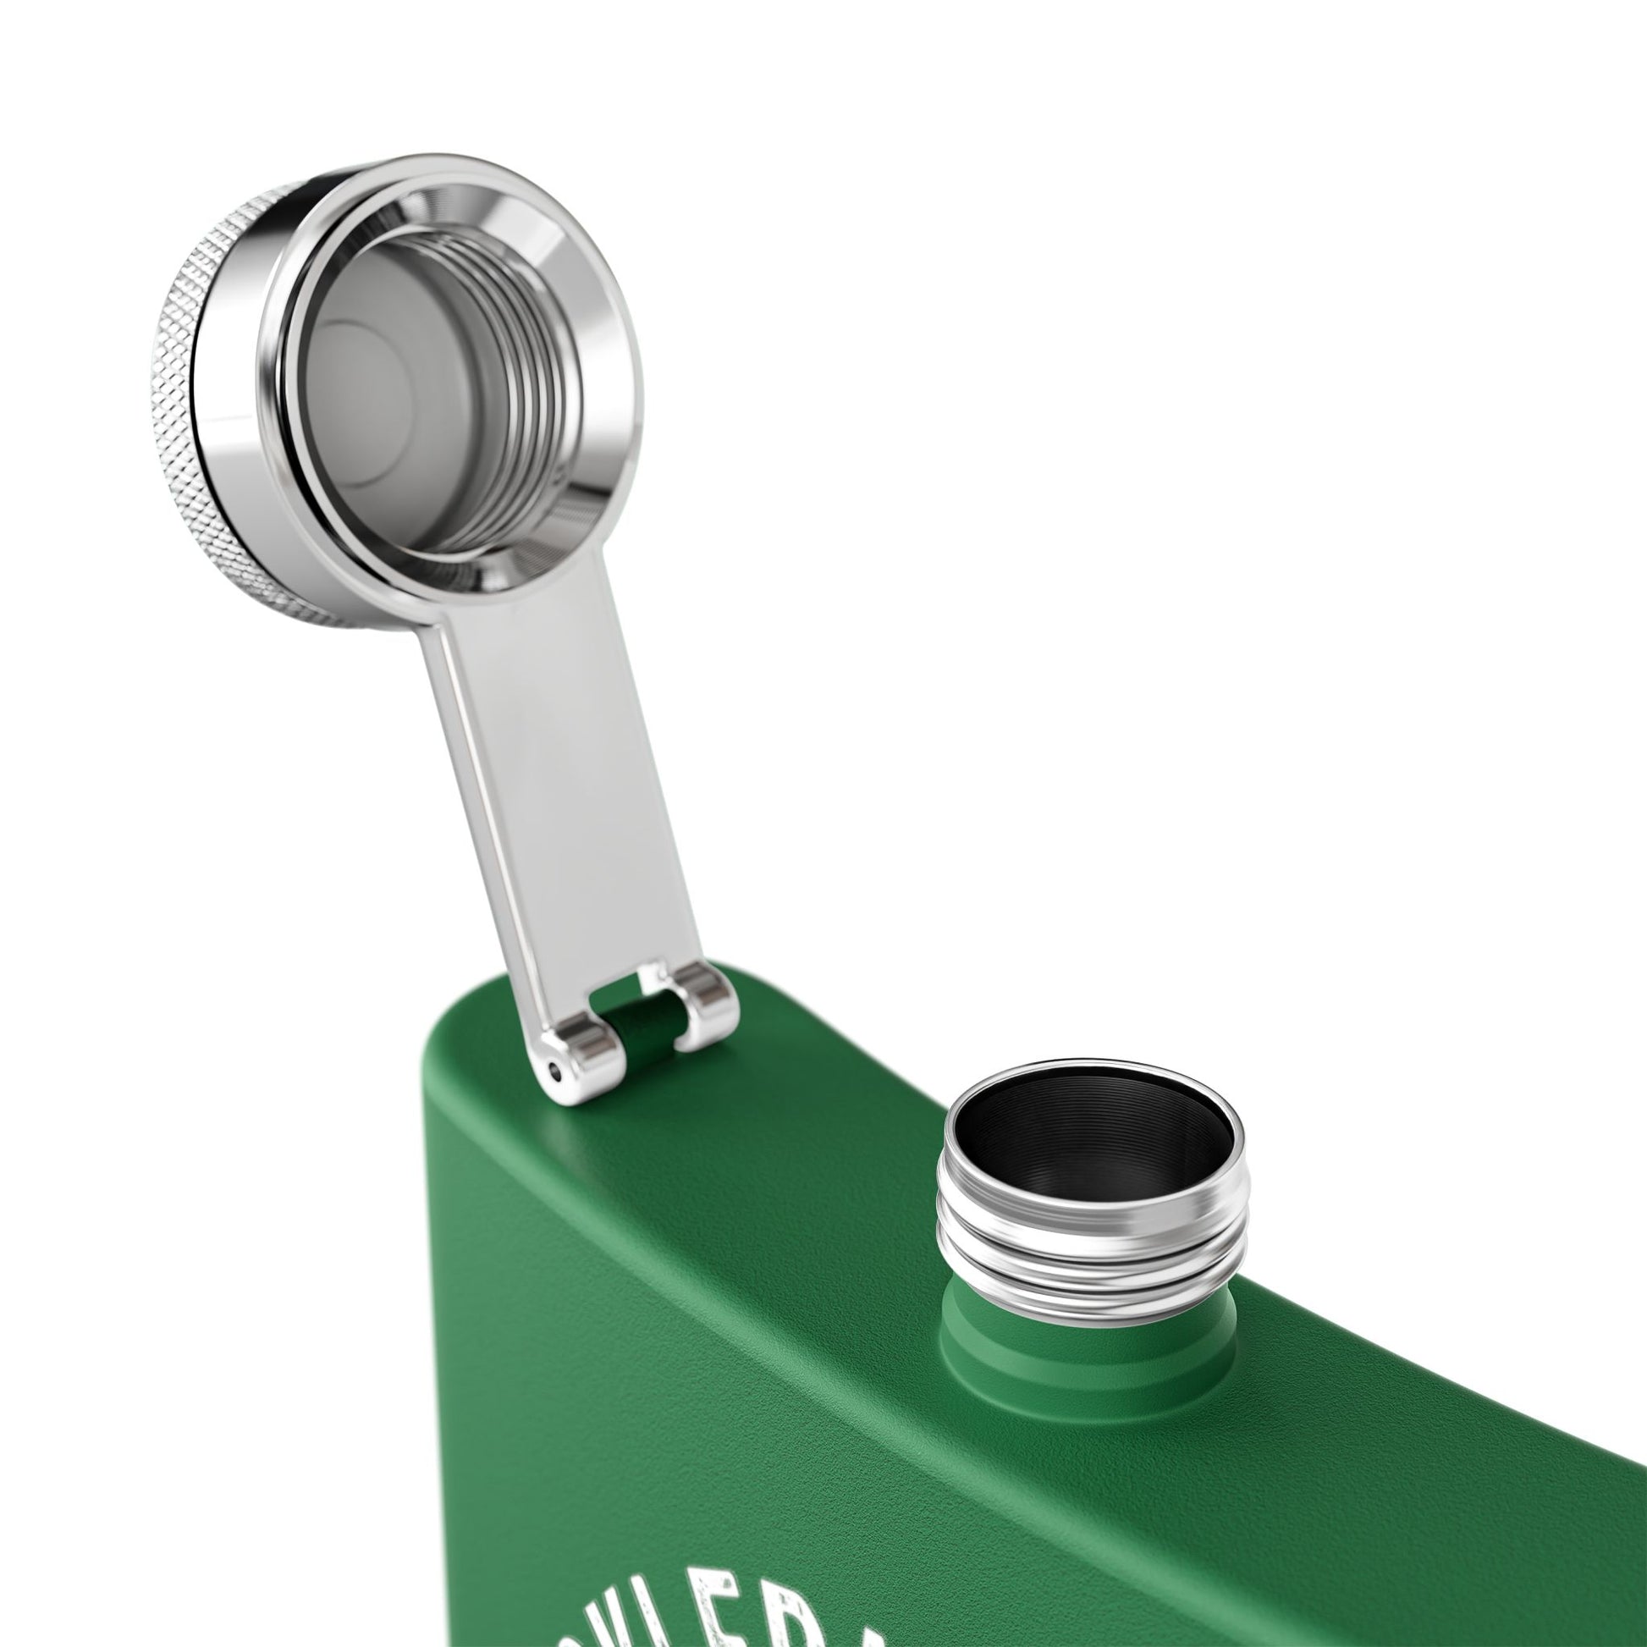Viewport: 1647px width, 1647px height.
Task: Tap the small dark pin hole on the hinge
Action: pos(558,1071)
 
